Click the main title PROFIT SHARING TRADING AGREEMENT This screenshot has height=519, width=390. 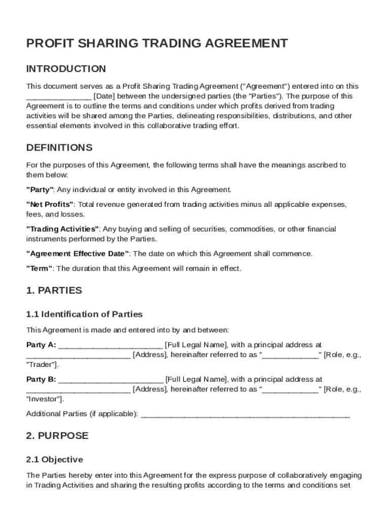coord(157,44)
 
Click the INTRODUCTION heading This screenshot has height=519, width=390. coord(66,69)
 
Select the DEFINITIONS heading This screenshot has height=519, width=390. coord(59,148)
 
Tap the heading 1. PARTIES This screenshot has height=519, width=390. coord(54,291)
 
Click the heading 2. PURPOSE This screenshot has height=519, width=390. coord(57,436)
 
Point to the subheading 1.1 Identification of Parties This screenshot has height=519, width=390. coord(84,314)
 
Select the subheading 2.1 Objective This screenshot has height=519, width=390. coord(54,460)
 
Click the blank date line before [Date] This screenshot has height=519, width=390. coord(58,96)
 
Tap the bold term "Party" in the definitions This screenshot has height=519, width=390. coord(40,190)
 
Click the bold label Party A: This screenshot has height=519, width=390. coord(41,345)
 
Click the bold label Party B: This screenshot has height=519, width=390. coord(41,379)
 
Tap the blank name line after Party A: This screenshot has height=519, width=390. coord(111,346)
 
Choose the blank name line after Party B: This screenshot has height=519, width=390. coord(111,380)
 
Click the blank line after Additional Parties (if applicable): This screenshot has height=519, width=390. coord(245,415)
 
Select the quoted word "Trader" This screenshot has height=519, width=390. coord(42,364)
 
